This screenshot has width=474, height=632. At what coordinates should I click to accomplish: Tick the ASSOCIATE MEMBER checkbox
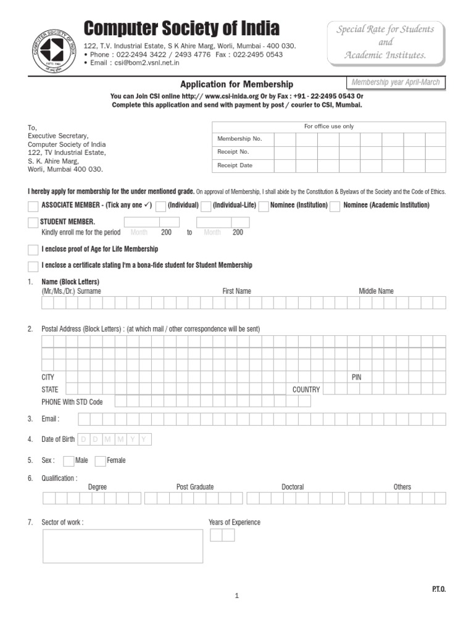point(33,206)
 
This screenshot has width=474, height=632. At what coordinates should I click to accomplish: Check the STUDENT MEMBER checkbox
point(33,222)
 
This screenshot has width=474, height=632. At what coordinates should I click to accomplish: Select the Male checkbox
point(69,460)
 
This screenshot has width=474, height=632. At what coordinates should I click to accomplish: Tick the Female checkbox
point(101,460)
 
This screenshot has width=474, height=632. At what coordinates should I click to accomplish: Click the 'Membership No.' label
point(239,139)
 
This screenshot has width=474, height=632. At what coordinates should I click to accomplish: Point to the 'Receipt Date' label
point(235,165)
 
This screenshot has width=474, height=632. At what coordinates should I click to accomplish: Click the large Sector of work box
point(122,546)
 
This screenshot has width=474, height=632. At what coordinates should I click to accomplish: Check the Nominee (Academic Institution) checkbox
point(335,206)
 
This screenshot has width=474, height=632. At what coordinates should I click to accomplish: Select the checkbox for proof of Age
point(33,249)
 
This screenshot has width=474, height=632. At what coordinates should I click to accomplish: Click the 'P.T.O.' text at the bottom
point(438,589)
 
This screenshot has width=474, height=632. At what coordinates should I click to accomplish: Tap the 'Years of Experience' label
point(235,522)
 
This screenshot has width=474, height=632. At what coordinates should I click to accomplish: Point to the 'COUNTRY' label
point(306,389)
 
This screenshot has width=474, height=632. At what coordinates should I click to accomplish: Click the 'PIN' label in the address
point(356,377)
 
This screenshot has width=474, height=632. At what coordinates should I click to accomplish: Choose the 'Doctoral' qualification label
point(293,487)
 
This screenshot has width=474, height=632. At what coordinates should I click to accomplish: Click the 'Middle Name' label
point(376,291)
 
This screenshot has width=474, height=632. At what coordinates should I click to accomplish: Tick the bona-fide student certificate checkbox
point(33,265)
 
